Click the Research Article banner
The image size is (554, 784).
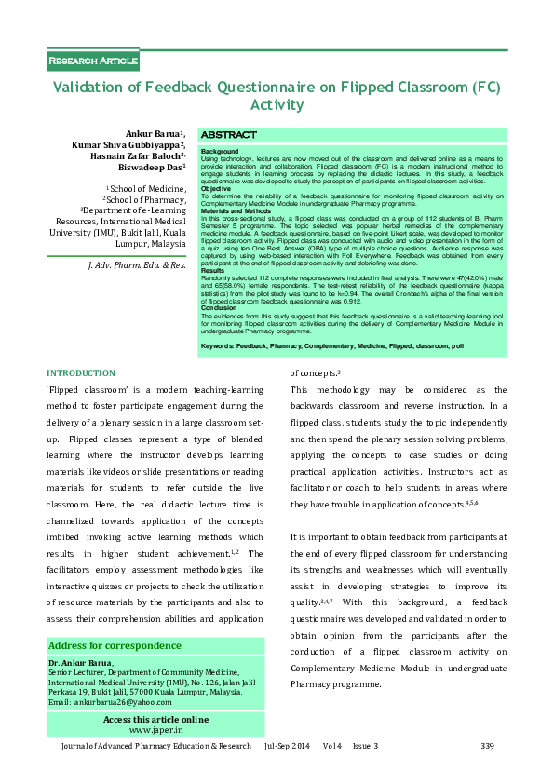[x=93, y=61]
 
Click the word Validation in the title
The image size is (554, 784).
[x=97, y=88]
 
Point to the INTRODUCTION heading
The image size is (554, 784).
[x=81, y=372]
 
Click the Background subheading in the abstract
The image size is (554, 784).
[x=220, y=151]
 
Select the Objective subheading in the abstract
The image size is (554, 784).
[x=217, y=189]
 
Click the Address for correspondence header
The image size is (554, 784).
[x=115, y=646]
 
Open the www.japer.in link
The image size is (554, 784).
[x=155, y=731]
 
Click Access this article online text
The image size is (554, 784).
[x=155, y=720]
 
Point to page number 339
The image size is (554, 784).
[x=486, y=747]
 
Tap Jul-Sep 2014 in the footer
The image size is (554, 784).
[x=288, y=747]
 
